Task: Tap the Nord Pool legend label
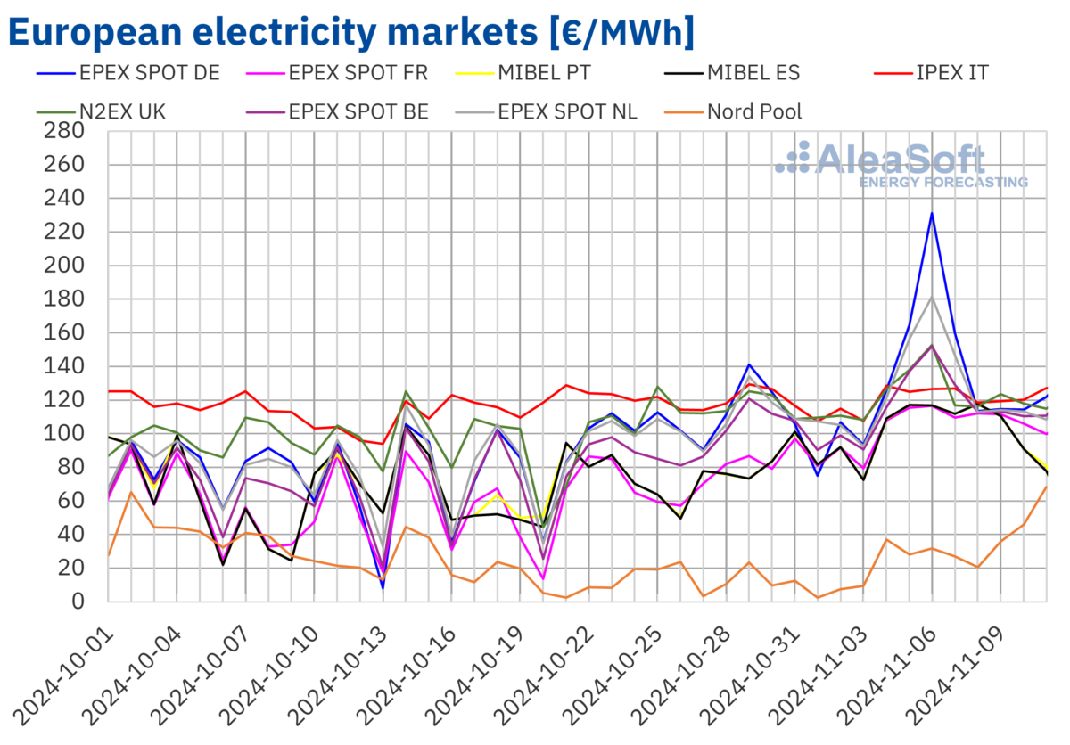753,111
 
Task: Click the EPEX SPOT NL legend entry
567,111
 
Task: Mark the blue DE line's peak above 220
932,213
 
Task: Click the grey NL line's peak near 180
932,298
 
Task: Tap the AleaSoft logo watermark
901,165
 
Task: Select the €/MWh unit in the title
622,34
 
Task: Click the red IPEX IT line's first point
109,391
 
